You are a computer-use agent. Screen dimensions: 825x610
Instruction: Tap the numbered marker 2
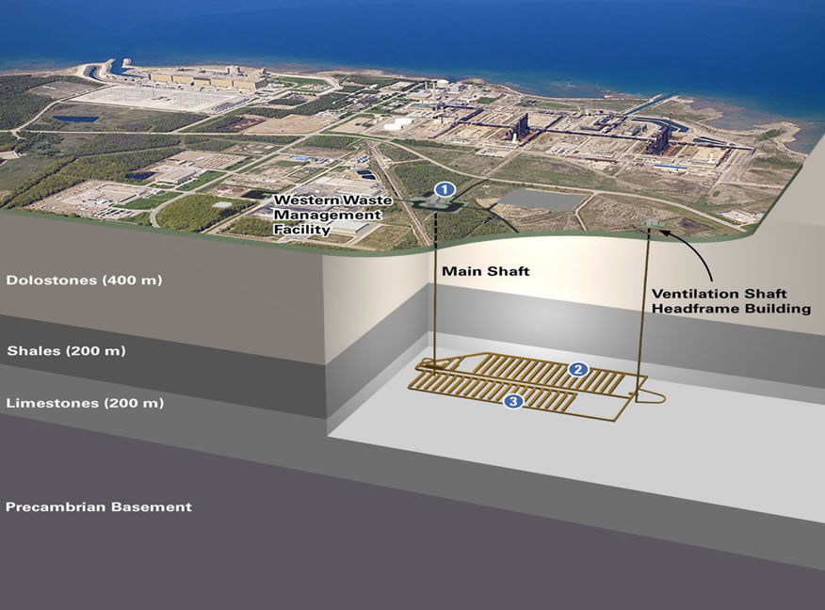(579, 369)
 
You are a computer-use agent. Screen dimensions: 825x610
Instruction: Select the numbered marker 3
(513, 402)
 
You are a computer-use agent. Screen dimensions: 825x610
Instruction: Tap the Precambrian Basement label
(98, 506)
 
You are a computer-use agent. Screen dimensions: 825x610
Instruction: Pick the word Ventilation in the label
(691, 293)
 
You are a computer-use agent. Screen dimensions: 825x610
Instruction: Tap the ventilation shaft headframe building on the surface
(648, 223)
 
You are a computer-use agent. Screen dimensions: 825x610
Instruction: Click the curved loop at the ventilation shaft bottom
(654, 397)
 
